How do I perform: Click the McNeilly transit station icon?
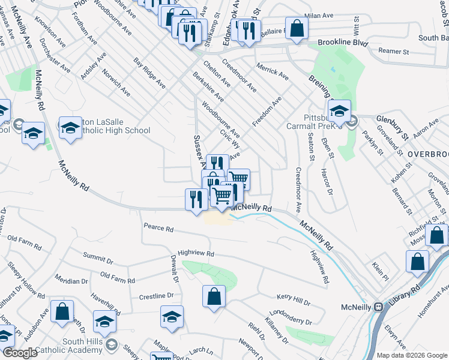tap(379, 307)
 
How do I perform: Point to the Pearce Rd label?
tap(158, 229)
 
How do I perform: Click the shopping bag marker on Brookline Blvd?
tap(297, 27)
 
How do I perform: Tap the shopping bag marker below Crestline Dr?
tap(214, 296)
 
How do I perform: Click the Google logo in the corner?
tap(20, 353)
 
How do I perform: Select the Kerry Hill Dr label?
tap(293, 298)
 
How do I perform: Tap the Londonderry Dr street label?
tap(291, 316)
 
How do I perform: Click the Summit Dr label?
tap(98, 259)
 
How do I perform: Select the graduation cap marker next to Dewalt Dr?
tap(172, 317)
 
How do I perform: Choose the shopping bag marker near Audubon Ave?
tap(62, 311)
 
